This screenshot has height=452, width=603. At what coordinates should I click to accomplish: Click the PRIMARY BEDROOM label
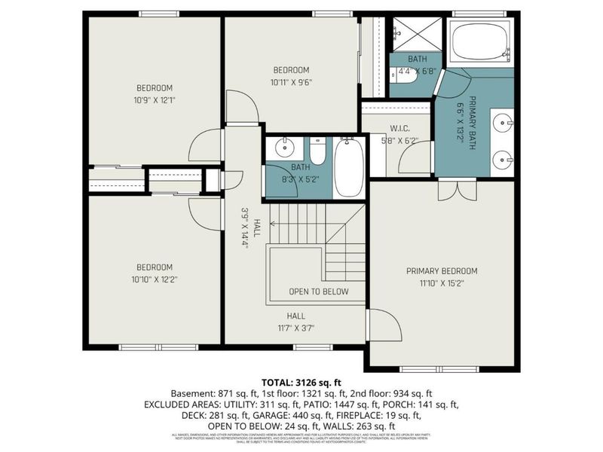[x=442, y=271]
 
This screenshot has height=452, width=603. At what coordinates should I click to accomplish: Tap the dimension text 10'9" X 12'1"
[x=155, y=99]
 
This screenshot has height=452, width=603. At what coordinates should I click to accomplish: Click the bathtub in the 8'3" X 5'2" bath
[x=349, y=166]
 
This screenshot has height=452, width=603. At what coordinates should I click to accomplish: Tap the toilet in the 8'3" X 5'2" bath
[x=318, y=151]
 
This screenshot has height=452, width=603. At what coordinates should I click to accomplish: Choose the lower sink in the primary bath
[x=504, y=159]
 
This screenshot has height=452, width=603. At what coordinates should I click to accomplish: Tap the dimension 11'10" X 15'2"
[x=442, y=283]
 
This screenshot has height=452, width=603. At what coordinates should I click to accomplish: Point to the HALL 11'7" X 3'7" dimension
[x=295, y=328]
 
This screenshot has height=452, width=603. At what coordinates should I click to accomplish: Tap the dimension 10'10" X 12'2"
[x=155, y=279]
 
